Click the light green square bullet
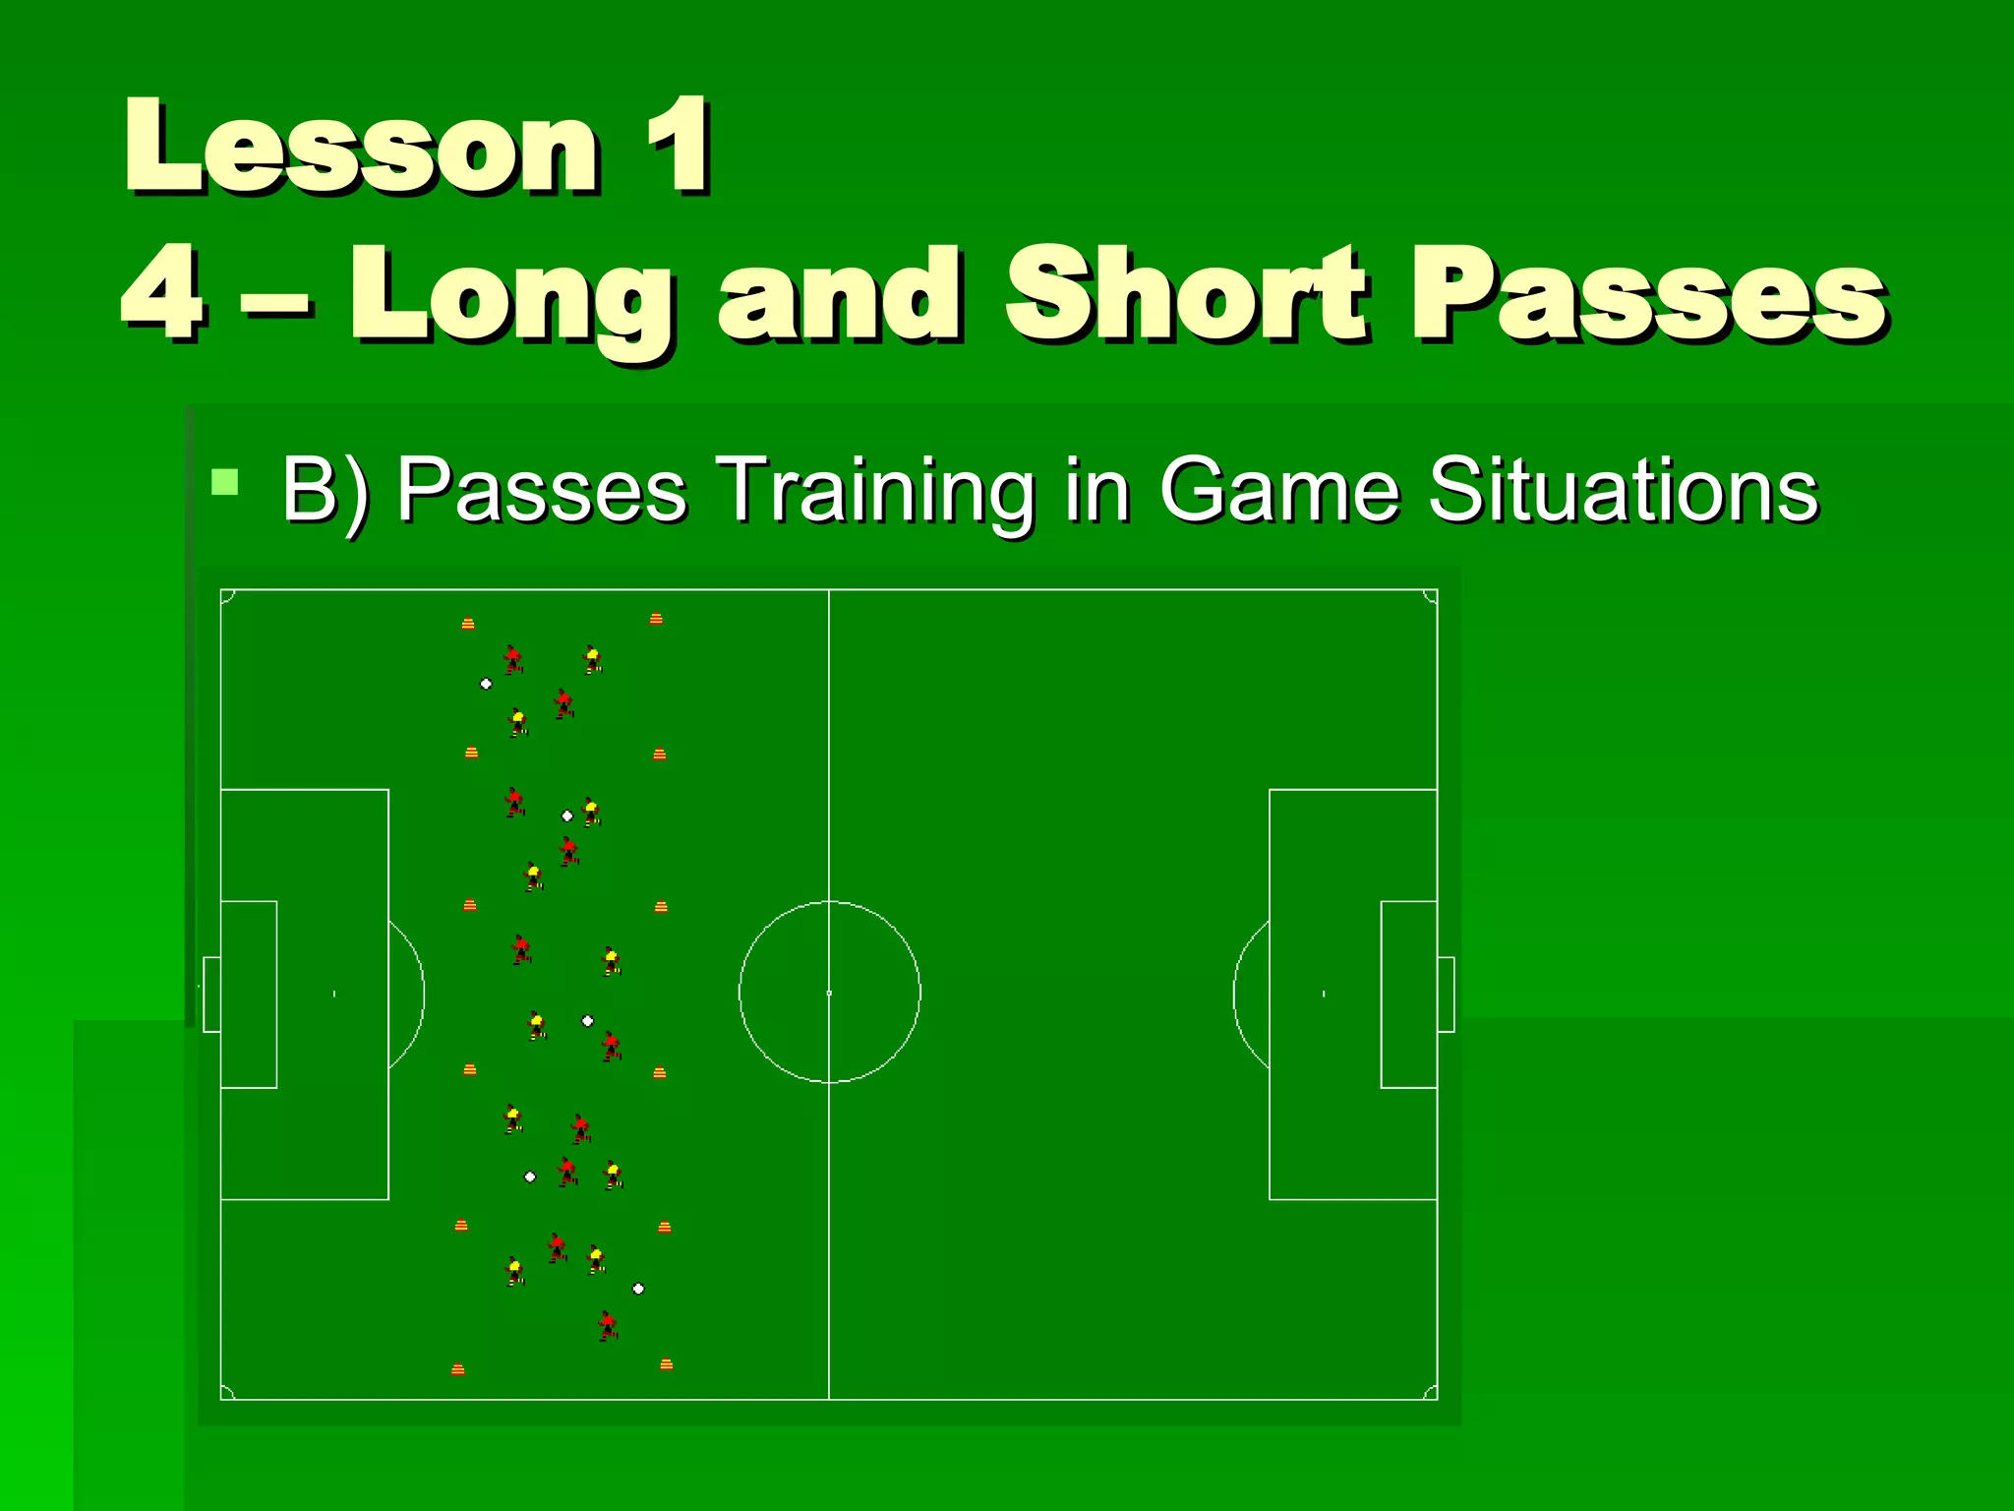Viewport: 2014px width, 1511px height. [225, 481]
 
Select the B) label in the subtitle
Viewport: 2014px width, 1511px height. [326, 490]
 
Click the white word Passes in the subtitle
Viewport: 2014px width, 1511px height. [542, 489]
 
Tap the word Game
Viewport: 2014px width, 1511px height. [1278, 489]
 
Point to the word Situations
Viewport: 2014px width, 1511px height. [1623, 489]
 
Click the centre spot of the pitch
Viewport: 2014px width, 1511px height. [829, 994]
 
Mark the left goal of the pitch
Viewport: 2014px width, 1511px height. [211, 994]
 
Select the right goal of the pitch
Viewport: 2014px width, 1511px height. [1446, 994]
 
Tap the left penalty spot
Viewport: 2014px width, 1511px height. [334, 994]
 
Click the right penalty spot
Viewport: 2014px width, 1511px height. [1324, 994]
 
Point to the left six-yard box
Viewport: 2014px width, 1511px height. [249, 994]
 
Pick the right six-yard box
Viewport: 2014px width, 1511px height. [1409, 994]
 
